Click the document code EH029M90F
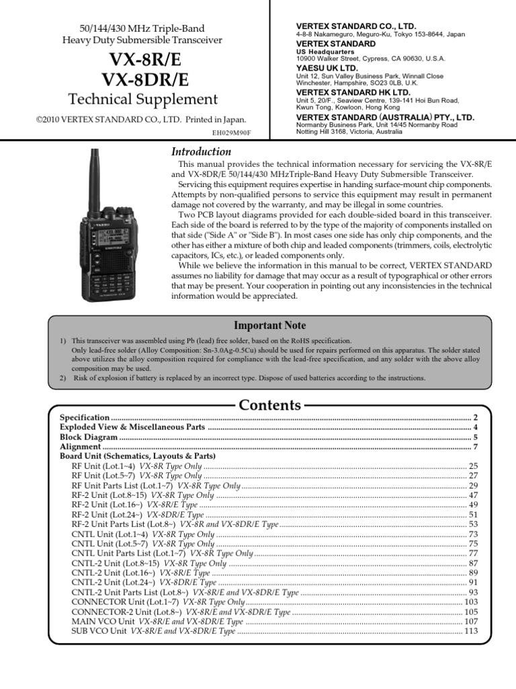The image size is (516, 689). [x=230, y=133]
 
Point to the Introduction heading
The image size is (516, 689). [x=202, y=152]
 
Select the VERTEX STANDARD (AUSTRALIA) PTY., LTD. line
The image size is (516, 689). [x=385, y=117]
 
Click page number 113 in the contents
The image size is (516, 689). [x=470, y=632]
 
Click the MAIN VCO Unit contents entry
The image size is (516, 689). [x=99, y=622]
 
